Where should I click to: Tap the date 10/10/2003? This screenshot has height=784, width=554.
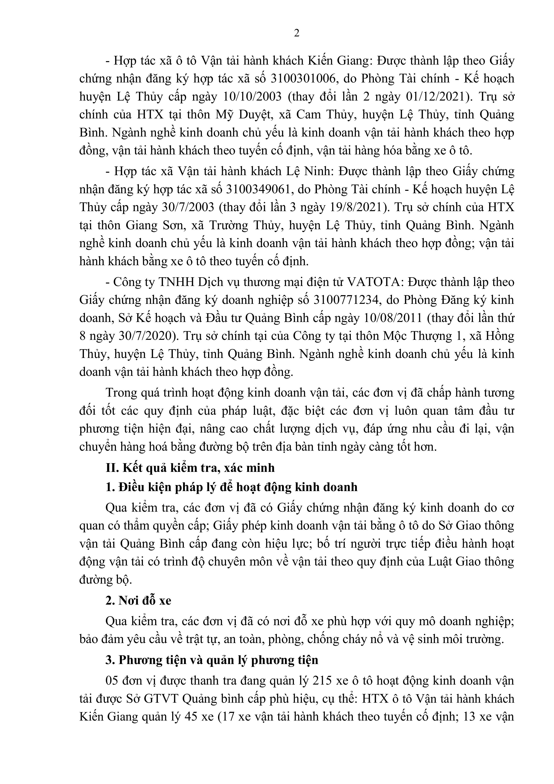[x=252, y=97]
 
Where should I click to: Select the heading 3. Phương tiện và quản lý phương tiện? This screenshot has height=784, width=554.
[x=212, y=660]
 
